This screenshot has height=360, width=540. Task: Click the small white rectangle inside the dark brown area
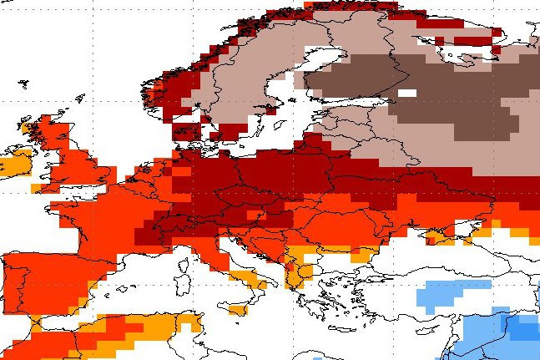tap(407, 93)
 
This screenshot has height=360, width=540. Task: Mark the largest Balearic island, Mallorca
tap(122, 289)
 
